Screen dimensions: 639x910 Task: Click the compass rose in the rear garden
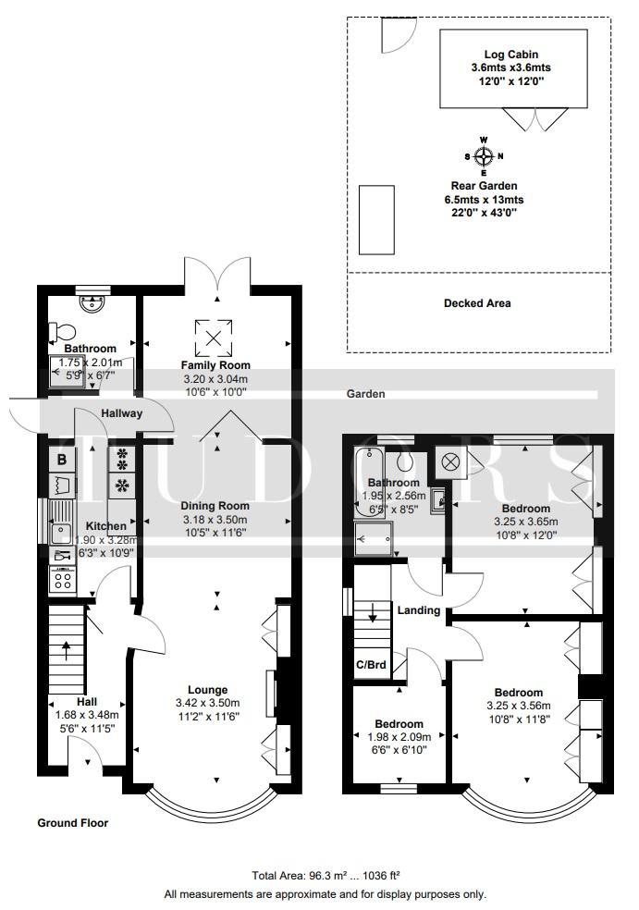pyautogui.click(x=484, y=156)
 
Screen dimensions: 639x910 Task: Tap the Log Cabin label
pyautogui.click(x=510, y=55)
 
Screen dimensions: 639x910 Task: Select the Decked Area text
pyautogui.click(x=477, y=303)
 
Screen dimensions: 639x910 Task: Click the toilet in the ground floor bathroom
pyautogui.click(x=62, y=332)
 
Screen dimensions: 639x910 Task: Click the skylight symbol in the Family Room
pyautogui.click(x=214, y=338)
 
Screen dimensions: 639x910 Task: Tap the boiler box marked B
pyautogui.click(x=62, y=460)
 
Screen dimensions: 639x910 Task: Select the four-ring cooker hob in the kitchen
pyautogui.click(x=63, y=579)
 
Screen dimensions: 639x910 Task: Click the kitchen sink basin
pyautogui.click(x=60, y=532)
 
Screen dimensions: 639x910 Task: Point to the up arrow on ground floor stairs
pyautogui.click(x=66, y=650)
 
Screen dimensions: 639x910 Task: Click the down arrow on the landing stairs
pyautogui.click(x=373, y=612)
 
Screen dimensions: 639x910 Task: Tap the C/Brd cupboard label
pyautogui.click(x=372, y=665)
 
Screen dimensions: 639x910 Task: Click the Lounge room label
pyautogui.click(x=208, y=690)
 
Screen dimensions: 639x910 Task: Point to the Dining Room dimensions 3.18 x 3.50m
pyautogui.click(x=215, y=520)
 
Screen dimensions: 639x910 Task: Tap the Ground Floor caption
pyautogui.click(x=72, y=822)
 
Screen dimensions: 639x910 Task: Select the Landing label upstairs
pyautogui.click(x=419, y=610)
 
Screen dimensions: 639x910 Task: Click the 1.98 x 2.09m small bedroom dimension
pyautogui.click(x=399, y=737)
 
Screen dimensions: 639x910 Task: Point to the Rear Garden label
pyautogui.click(x=484, y=186)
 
